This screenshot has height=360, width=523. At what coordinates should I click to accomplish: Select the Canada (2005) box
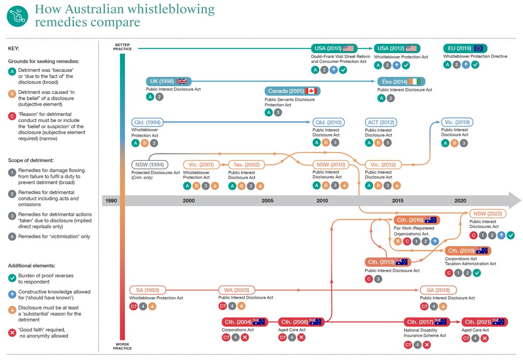[x=292, y=91]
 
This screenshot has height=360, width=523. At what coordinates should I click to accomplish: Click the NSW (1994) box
[x=149, y=165]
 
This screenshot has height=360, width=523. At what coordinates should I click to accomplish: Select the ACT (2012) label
[x=378, y=122]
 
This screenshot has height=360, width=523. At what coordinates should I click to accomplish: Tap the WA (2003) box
[x=236, y=290]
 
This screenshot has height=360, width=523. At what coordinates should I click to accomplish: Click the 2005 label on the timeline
[x=268, y=200]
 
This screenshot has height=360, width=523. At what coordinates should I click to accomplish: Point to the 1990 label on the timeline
[x=111, y=200]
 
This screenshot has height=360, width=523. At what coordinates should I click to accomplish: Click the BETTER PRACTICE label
[x=122, y=47]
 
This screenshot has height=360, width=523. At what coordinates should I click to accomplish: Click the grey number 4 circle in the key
[x=12, y=237]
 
